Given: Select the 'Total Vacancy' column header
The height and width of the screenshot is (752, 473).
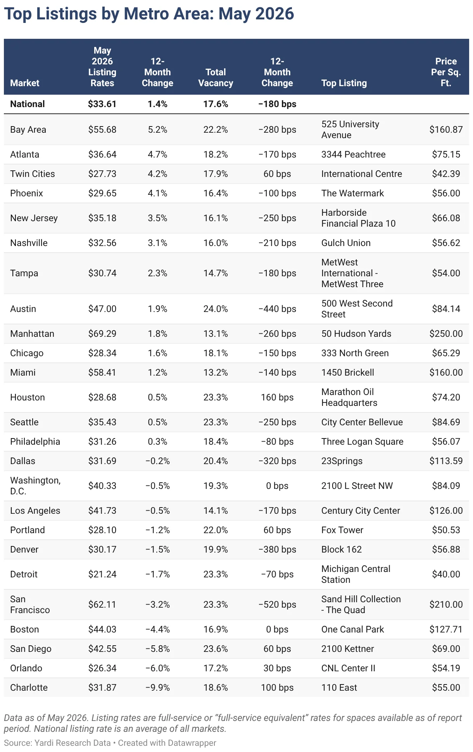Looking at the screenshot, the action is (216, 78).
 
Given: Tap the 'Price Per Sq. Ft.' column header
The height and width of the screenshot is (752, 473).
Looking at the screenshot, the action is (446, 72).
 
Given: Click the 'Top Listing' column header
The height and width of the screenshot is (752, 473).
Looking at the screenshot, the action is (344, 83).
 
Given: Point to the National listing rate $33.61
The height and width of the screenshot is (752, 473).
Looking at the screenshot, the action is (102, 104).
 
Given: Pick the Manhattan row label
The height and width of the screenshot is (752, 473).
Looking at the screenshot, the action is (32, 334).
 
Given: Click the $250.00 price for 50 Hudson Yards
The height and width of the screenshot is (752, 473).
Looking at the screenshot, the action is (446, 334).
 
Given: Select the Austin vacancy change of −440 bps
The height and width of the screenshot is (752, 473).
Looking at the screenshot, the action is (277, 309).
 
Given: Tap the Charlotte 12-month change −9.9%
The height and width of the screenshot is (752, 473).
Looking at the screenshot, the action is (157, 688).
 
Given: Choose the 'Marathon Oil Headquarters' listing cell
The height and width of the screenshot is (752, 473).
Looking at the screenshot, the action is (349, 397).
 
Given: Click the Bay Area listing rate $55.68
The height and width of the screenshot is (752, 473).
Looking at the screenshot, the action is (102, 130).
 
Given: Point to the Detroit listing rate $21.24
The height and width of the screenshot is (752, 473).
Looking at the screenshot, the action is (102, 574).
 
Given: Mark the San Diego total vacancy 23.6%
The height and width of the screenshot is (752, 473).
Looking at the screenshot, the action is (216, 649).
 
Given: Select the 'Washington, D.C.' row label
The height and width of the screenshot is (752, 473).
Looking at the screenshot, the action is (35, 486).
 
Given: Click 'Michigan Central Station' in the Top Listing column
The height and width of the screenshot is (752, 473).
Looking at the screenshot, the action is (356, 574).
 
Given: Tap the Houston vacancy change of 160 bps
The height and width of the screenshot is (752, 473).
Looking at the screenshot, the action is (277, 397).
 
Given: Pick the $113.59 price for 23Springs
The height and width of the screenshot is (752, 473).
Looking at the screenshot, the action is (446, 461).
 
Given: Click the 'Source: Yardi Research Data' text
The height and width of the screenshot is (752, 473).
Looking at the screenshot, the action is (57, 743).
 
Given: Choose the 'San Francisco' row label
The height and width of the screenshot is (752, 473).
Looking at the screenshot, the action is (30, 605).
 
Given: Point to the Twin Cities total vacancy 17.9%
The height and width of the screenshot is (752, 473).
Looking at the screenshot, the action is (216, 174).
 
